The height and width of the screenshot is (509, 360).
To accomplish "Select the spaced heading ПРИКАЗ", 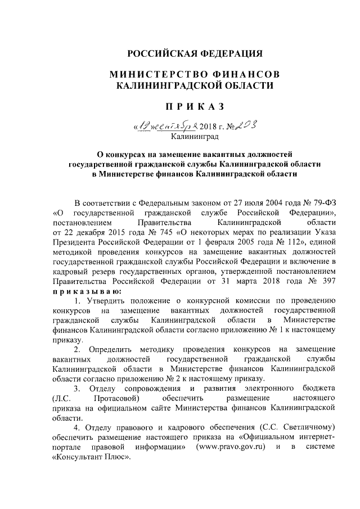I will coord(194,107).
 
